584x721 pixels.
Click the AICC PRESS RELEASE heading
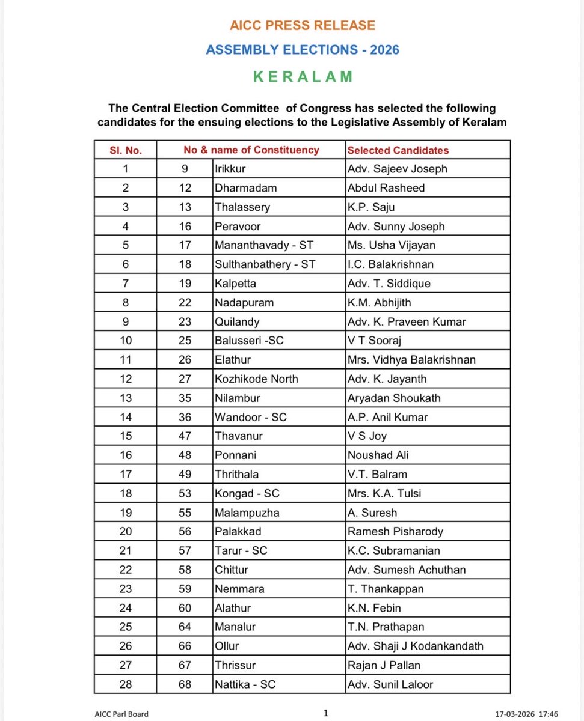click(x=303, y=25)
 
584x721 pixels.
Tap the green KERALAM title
click(x=303, y=77)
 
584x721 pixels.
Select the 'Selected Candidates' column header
click(x=398, y=150)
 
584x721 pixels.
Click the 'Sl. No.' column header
click(x=125, y=150)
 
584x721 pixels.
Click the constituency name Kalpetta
click(x=235, y=283)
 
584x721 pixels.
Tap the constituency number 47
click(x=185, y=436)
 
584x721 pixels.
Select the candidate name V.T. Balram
click(x=377, y=474)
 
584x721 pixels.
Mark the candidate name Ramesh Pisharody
click(x=394, y=531)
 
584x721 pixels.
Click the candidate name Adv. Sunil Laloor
click(x=390, y=684)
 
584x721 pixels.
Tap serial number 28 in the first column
click(x=125, y=684)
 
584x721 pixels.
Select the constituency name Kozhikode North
click(x=256, y=379)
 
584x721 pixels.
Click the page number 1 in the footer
click(x=325, y=713)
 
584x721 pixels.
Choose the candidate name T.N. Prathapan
click(x=386, y=627)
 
